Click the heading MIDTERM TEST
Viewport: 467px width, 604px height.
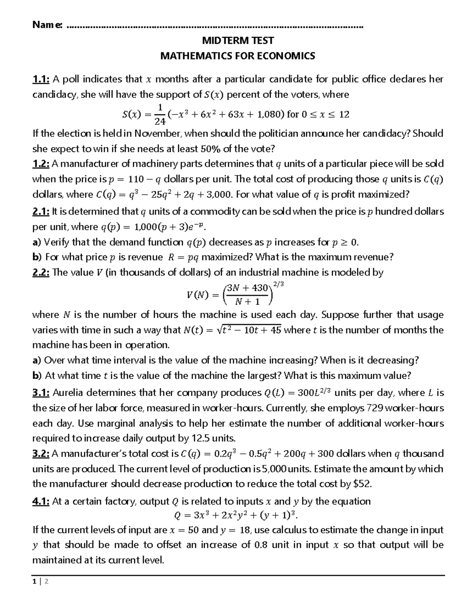coord(238,40)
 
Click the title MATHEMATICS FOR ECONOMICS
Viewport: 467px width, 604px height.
coord(238,56)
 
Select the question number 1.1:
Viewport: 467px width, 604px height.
coord(40,79)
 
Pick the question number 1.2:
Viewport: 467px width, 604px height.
coord(40,164)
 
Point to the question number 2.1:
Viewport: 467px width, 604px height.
coord(40,212)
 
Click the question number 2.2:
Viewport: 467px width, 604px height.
coord(40,272)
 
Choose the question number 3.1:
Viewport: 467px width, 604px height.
coord(40,393)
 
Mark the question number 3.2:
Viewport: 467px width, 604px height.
coord(40,453)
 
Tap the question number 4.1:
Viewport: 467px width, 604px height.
coord(40,501)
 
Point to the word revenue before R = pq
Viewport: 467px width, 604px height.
coord(147,257)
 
